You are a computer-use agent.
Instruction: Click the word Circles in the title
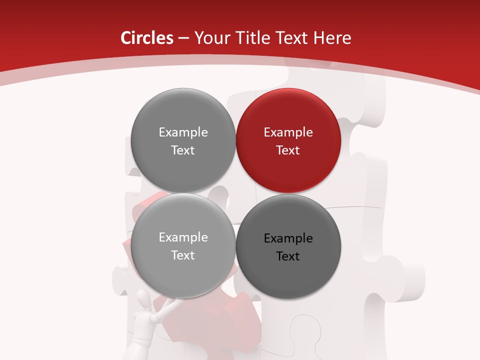point(146,38)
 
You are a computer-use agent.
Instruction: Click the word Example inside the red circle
point(288,132)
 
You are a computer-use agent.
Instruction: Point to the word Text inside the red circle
point(288,150)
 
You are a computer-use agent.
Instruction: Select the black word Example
point(288,238)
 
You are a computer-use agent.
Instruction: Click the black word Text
point(288,256)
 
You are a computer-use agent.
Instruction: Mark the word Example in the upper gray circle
point(183,132)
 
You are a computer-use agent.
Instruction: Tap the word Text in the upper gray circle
point(183,150)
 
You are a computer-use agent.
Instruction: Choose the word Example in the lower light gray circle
point(183,237)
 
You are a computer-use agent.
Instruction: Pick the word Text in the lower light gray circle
point(183,255)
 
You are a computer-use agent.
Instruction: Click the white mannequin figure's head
point(143,301)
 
